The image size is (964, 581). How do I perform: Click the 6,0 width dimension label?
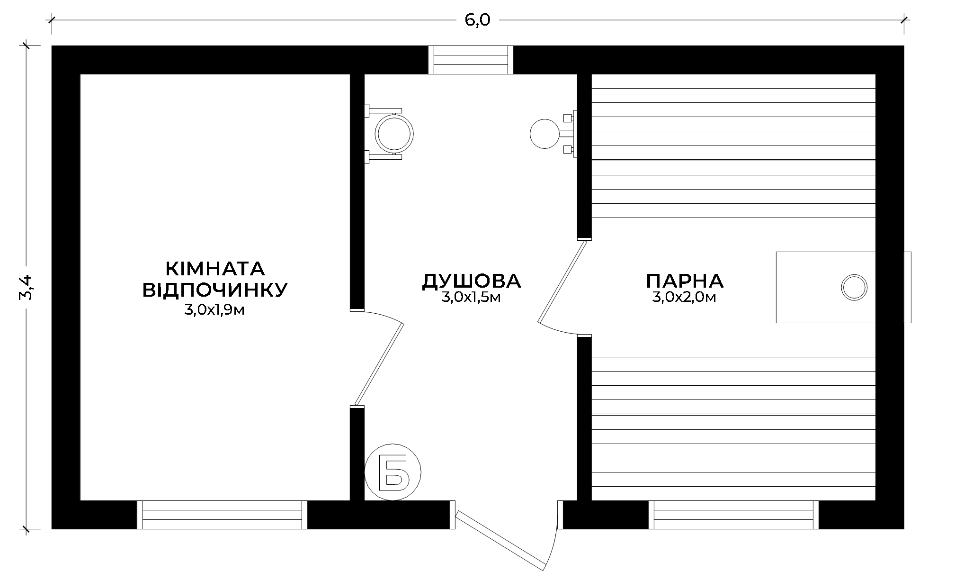pyautogui.click(x=477, y=20)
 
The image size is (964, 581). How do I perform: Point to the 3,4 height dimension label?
pyautogui.click(x=26, y=288)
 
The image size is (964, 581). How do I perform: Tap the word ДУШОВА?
pyautogui.click(x=472, y=281)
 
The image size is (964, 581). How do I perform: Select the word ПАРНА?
pyautogui.click(x=685, y=281)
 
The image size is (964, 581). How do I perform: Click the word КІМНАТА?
pyautogui.click(x=215, y=269)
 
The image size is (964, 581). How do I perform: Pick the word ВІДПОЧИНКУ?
pyautogui.click(x=215, y=290)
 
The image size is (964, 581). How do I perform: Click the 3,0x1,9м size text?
pyautogui.click(x=214, y=310)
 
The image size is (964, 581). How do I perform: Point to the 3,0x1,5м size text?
pyautogui.click(x=471, y=298)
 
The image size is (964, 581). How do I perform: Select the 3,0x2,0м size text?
pyautogui.click(x=684, y=298)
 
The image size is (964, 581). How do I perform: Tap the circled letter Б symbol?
pyautogui.click(x=393, y=472)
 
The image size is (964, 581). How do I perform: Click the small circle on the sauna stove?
pyautogui.click(x=854, y=287)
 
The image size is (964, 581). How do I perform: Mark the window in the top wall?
pyautogui.click(x=471, y=60)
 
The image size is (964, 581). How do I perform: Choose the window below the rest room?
pyautogui.click(x=222, y=515)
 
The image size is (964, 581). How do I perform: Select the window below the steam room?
pyautogui.click(x=733, y=515)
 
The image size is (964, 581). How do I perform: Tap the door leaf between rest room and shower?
pyautogui.click(x=379, y=364)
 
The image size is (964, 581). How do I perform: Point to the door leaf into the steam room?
pyautogui.click(x=563, y=282)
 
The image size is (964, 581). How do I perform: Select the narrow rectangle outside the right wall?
pyautogui.click(x=908, y=287)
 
